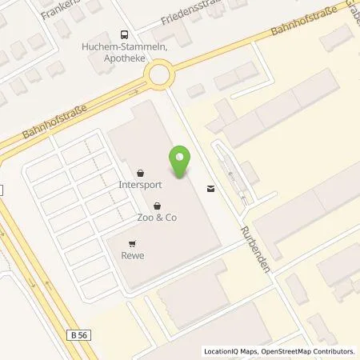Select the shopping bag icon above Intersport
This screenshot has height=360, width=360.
coord(141,171)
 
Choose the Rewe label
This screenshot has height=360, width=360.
coord(133,257)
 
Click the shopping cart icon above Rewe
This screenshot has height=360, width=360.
coord(133,245)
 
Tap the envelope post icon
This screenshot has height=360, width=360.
coord(210,189)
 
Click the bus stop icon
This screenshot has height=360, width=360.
coord(124,34)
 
